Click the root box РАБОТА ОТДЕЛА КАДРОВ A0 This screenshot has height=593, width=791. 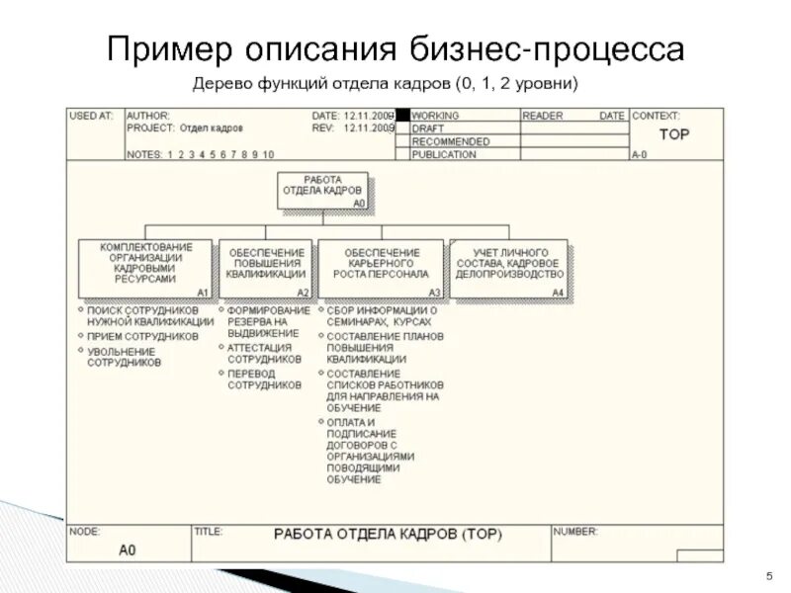coord(322,190)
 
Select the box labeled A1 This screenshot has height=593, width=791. coord(145,269)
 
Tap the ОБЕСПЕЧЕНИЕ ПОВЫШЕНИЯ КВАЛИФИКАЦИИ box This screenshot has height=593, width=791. coord(265,266)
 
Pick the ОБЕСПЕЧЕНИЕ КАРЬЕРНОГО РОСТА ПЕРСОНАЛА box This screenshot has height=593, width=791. coord(381,266)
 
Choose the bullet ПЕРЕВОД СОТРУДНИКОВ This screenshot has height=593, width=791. coord(264,381)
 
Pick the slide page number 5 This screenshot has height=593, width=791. coord(768,576)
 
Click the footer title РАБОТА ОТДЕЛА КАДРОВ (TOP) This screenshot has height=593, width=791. coord(388,535)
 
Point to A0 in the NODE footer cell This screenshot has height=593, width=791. coord(127,550)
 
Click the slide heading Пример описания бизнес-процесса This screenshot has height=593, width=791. coord(395,49)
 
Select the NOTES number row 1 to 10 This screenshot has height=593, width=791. coord(220,155)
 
